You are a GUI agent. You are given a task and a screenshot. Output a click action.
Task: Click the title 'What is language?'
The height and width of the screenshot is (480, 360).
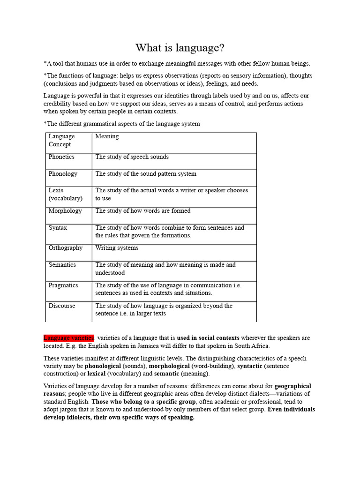click(180, 48)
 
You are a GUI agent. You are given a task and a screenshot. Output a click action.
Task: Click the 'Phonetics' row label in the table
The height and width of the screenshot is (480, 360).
click(61, 157)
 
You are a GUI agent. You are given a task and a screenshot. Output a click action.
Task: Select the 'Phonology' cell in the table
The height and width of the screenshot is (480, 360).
click(63, 174)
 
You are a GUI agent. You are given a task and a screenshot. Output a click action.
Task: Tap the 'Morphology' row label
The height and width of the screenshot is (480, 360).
click(65, 211)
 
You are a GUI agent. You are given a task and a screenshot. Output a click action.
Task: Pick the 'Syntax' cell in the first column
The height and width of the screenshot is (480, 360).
click(58, 228)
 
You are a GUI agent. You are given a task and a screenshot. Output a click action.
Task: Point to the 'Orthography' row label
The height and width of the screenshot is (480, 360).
click(66, 248)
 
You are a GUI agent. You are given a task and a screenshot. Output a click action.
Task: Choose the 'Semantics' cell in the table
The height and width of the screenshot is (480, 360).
click(62, 265)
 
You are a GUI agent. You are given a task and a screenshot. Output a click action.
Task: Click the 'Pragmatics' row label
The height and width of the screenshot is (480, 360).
click(63, 285)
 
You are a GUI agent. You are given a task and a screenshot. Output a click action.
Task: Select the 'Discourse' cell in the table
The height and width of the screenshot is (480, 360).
click(62, 306)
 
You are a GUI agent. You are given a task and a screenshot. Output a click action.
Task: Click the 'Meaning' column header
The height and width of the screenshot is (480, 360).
click(107, 136)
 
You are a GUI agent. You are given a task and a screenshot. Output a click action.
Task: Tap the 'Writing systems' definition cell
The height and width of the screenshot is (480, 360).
click(117, 248)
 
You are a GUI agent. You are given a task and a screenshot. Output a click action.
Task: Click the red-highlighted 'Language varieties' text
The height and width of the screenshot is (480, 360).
click(69, 338)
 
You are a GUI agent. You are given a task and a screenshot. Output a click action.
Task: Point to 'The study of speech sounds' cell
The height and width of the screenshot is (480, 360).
click(132, 157)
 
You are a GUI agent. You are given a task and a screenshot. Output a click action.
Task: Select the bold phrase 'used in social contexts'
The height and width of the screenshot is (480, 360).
click(208, 338)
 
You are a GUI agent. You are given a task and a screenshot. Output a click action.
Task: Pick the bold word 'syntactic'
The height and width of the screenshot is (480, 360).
click(250, 366)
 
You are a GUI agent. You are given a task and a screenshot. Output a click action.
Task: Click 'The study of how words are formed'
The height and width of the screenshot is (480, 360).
click(143, 211)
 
